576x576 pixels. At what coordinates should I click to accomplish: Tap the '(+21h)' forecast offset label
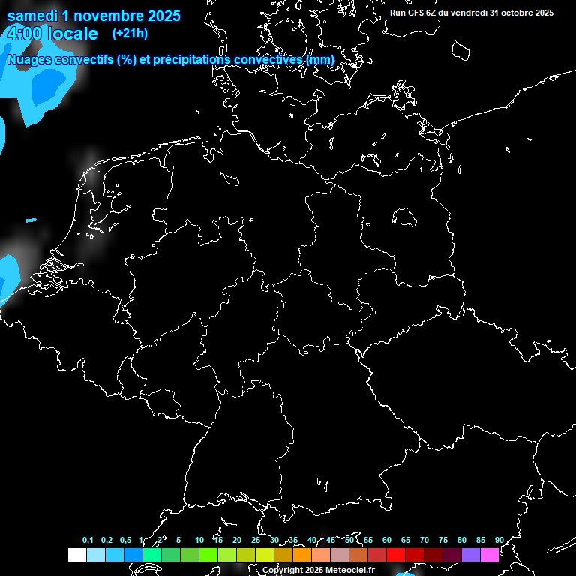coord(130,33)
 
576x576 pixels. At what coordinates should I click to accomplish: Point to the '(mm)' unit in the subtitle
coord(320,59)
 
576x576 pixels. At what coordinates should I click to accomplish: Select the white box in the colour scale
coord(76,556)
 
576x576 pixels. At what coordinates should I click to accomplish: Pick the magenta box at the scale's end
coord(490,556)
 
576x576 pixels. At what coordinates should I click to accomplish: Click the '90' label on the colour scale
coord(499,540)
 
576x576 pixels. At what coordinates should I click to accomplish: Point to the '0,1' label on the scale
coord(88,540)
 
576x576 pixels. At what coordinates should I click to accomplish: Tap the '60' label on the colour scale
coord(386,540)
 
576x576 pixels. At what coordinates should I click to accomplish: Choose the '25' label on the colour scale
coord(255,540)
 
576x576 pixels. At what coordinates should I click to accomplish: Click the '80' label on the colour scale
coord(461,540)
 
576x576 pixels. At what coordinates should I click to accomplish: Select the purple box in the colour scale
coord(471,556)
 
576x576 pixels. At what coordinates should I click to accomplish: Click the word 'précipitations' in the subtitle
coord(190,59)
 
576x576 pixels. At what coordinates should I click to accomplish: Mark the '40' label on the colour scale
coord(311,540)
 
